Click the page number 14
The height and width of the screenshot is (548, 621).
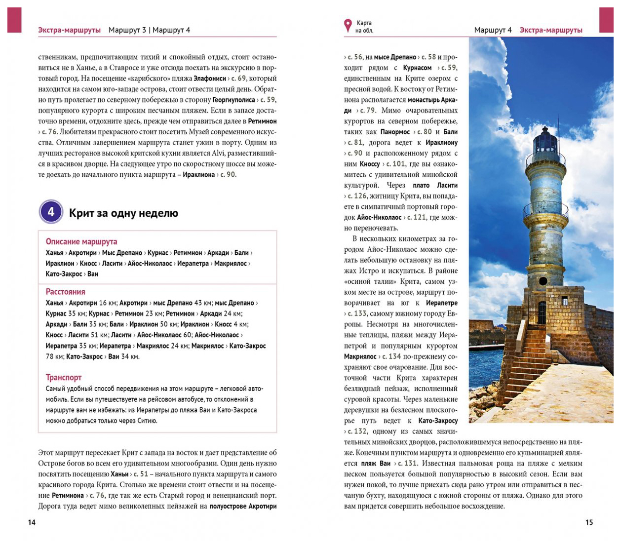[32, 522]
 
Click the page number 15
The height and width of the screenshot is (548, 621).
[589, 522]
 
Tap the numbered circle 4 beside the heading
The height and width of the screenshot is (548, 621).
[51, 212]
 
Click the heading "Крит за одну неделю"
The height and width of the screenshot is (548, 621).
[123, 213]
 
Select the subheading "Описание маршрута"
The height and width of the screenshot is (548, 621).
[81, 241]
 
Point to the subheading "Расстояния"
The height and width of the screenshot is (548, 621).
[66, 292]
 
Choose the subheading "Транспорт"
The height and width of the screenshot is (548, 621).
[64, 377]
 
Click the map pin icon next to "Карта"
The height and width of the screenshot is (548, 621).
[348, 26]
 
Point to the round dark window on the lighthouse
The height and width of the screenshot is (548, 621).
[543, 281]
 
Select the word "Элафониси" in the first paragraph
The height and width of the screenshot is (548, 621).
[210, 78]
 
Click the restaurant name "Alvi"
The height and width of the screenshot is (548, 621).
[218, 153]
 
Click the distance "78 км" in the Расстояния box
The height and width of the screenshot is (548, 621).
[54, 356]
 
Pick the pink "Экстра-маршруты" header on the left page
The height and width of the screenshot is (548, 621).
[69, 30]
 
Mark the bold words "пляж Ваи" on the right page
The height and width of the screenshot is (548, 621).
[375, 464]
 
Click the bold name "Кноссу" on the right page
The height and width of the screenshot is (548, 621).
[370, 164]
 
